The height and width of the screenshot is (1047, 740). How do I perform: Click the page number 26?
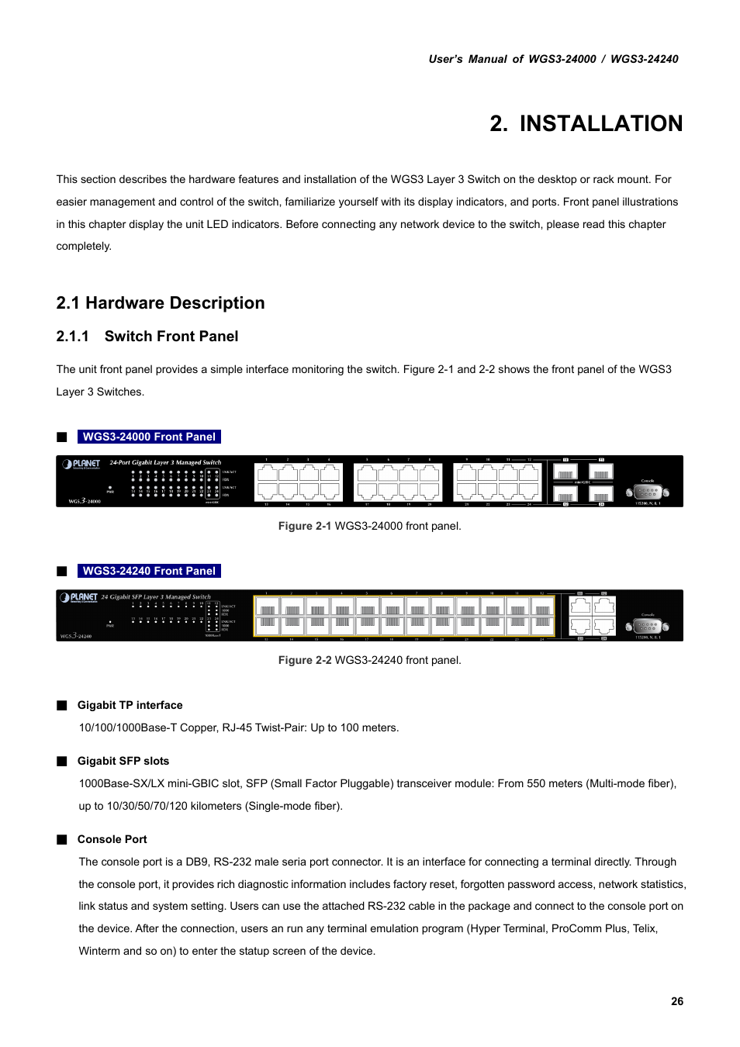677,1001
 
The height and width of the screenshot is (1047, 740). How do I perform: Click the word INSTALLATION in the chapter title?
601,123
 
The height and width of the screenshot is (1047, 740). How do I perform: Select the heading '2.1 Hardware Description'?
161,303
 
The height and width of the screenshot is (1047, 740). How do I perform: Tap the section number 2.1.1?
72,337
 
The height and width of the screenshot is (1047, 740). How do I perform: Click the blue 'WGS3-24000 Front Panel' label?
149,437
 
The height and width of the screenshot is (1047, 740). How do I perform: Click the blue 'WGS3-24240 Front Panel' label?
149,571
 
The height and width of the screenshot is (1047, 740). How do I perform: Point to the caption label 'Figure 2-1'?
304,526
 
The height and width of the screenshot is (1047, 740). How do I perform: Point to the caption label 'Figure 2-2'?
304,660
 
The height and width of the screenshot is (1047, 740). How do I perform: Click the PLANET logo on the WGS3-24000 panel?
81,464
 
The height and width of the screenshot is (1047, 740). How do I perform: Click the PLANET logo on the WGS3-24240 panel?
80,597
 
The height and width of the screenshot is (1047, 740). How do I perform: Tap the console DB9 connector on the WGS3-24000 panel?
648,492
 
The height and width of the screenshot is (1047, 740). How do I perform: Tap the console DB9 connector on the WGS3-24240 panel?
648,625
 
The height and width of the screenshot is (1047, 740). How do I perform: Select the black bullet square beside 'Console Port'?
62,839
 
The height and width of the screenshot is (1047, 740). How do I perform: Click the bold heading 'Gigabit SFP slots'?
123,761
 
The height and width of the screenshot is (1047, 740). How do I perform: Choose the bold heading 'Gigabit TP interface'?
130,705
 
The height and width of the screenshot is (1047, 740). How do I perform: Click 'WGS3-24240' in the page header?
644,59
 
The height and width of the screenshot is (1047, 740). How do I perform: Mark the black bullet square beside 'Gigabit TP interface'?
62,705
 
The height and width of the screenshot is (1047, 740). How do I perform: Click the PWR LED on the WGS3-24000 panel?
110,487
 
